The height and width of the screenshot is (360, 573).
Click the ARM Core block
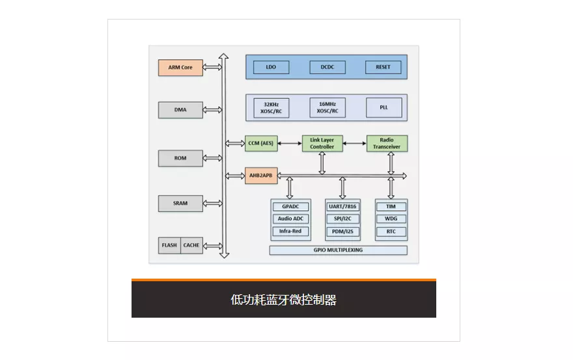coord(180,68)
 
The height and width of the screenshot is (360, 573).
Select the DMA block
coord(180,110)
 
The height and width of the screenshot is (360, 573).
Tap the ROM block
coord(180,158)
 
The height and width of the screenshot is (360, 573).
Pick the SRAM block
coord(180,203)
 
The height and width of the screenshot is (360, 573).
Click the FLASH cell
coord(169,245)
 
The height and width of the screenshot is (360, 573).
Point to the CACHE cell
coord(191,245)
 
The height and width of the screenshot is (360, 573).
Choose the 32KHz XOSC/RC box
coord(272,108)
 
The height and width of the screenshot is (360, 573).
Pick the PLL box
coord(384,108)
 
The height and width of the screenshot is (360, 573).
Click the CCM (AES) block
coord(261,143)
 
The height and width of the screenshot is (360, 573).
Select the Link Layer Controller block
coord(322,144)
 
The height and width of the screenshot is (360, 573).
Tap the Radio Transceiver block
coord(387,144)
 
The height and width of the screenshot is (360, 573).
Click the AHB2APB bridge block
coord(261,176)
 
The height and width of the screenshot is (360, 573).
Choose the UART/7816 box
coord(342,206)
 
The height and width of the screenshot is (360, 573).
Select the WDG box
coord(391,219)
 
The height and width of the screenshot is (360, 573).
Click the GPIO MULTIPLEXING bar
coord(338,250)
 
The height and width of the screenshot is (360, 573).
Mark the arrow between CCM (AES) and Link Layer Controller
coord(290,143)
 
